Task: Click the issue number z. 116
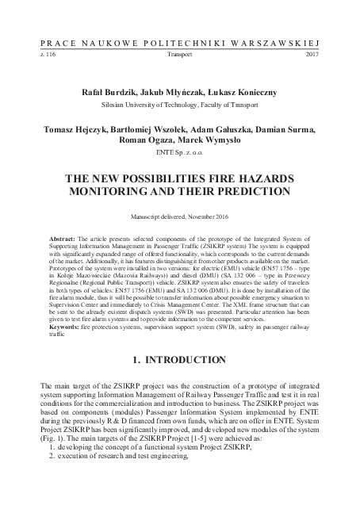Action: tap(48, 57)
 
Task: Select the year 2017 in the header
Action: tap(311, 57)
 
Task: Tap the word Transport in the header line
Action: tap(180, 57)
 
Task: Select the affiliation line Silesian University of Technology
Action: tap(179, 104)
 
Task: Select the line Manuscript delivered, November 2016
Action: tap(179, 216)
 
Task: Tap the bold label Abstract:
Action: tap(66, 238)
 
